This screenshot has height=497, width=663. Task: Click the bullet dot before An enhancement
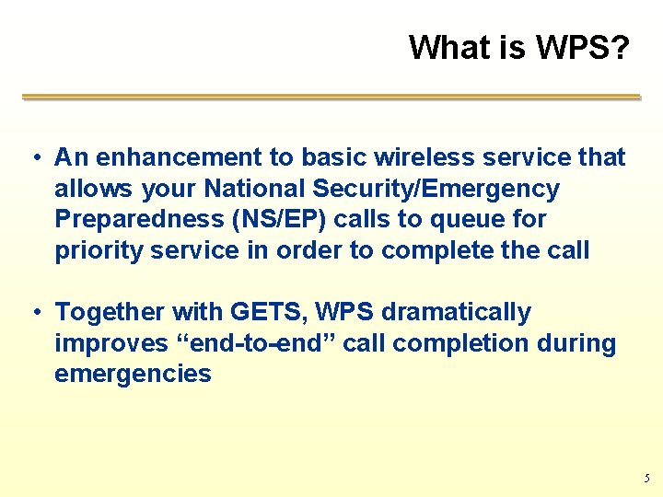(34, 157)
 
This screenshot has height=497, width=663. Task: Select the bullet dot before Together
(34, 313)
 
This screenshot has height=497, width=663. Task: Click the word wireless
(401, 157)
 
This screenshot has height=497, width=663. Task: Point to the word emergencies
(133, 375)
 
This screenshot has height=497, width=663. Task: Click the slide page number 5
(646, 479)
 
